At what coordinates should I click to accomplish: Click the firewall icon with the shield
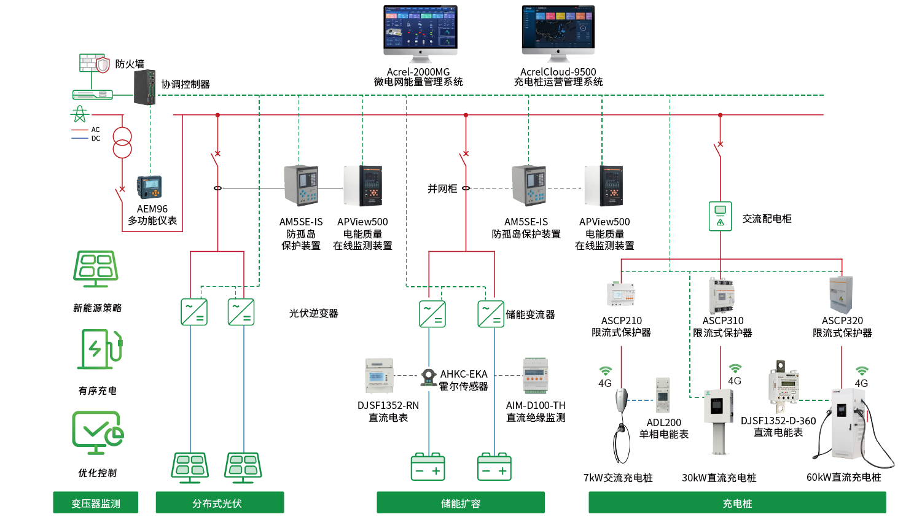point(95,63)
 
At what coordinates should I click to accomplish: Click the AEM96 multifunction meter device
point(149,187)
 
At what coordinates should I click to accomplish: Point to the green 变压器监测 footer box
point(95,502)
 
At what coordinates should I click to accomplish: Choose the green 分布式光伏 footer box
point(219,502)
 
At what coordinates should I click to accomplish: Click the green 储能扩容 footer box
point(460,502)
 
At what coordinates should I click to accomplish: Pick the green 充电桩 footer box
point(736,502)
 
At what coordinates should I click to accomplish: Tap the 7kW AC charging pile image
point(622,424)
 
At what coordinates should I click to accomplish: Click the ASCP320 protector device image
point(841,295)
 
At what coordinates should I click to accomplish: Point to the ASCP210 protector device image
point(622,294)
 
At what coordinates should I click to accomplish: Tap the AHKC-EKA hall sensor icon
point(428,376)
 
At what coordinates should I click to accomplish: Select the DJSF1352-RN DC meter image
point(379,375)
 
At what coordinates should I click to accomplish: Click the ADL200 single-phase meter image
point(663,395)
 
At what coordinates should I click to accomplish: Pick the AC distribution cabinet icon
point(720,216)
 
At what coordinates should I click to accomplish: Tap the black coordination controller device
point(145,87)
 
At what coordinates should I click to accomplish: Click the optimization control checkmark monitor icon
point(97,432)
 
